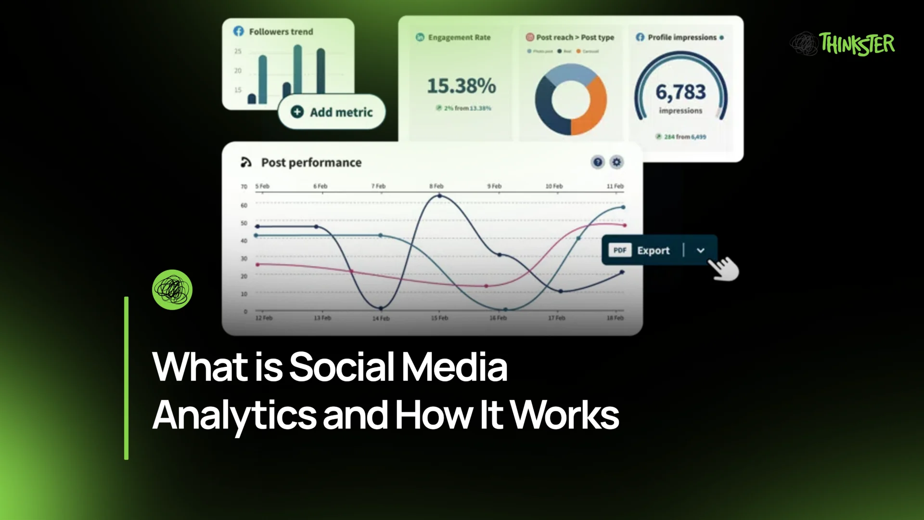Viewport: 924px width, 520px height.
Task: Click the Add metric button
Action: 332,112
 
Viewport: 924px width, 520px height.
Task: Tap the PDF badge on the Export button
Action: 620,250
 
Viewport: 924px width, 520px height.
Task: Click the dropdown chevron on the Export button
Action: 701,250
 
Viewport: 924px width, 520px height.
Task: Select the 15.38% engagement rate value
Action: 461,86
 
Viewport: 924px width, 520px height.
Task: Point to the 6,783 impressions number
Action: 680,91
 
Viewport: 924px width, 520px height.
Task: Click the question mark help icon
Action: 597,162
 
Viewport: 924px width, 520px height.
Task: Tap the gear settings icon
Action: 616,162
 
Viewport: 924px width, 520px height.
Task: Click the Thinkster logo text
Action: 857,44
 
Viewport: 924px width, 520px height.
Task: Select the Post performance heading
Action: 311,163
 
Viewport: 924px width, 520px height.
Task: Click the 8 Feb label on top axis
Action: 436,186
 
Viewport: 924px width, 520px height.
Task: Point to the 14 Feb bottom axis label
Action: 381,318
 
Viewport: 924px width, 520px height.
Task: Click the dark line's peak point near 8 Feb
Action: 439,196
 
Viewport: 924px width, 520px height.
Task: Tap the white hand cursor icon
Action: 724,268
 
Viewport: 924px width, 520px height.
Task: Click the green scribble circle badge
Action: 172,289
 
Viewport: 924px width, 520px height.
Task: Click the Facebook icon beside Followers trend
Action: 239,31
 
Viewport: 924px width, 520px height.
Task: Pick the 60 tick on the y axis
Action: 244,206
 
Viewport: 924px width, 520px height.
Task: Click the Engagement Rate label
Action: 459,38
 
